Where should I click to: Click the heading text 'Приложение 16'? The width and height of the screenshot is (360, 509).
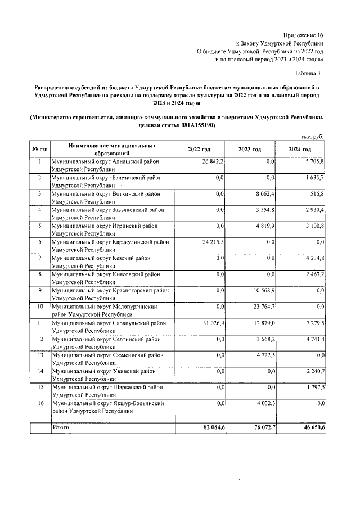304,34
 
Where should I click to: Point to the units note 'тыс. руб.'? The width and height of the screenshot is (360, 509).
312,136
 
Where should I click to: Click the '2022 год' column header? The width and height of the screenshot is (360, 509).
199,149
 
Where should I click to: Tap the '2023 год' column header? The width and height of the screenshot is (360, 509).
249,149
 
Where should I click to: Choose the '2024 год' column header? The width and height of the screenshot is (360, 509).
300,149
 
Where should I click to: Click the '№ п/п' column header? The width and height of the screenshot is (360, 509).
40,149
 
